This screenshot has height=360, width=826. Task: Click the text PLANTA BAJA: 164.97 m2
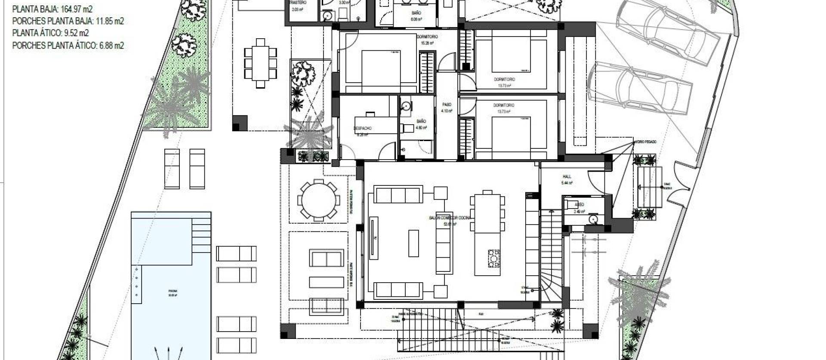tap(52, 9)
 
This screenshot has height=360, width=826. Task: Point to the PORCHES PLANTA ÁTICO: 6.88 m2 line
tap(68, 45)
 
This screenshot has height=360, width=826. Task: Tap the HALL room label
tap(567, 176)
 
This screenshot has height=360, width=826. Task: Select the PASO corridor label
tap(447, 105)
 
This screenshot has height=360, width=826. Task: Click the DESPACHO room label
tap(363, 128)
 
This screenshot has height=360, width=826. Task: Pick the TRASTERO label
tap(298, 3)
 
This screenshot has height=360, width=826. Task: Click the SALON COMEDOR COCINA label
tap(450, 218)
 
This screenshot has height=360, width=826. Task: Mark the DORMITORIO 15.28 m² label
tap(427, 37)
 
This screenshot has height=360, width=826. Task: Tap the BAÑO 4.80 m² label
tap(421, 122)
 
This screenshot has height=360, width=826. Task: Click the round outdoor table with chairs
tap(318, 200)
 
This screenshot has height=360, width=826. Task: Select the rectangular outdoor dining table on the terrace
tap(260, 63)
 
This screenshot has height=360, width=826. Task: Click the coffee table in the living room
tap(413, 243)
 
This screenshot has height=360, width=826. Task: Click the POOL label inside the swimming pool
tap(172, 291)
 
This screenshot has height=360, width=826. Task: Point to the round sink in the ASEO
tap(594, 219)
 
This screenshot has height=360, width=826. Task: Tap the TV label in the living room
tap(375, 238)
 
